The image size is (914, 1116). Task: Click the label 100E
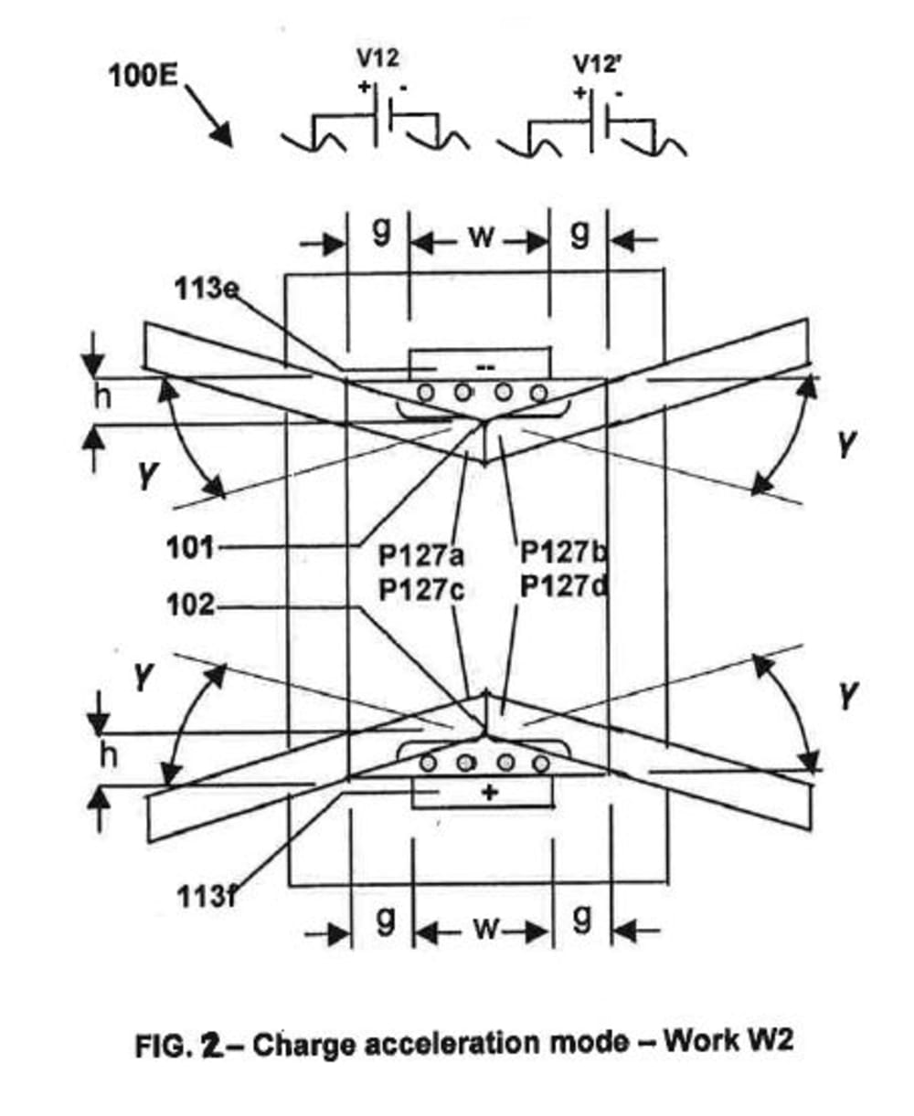[x=143, y=75]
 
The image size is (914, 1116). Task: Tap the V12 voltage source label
[x=377, y=59]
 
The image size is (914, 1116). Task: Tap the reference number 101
[x=190, y=549]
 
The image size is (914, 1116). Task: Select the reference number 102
[x=190, y=605]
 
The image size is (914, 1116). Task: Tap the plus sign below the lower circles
[x=490, y=792]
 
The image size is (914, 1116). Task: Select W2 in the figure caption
[x=769, y=1041]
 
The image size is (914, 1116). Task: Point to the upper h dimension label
[x=107, y=400]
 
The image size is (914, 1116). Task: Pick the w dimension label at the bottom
[x=485, y=932]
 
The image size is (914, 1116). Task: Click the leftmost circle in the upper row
[x=426, y=393]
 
